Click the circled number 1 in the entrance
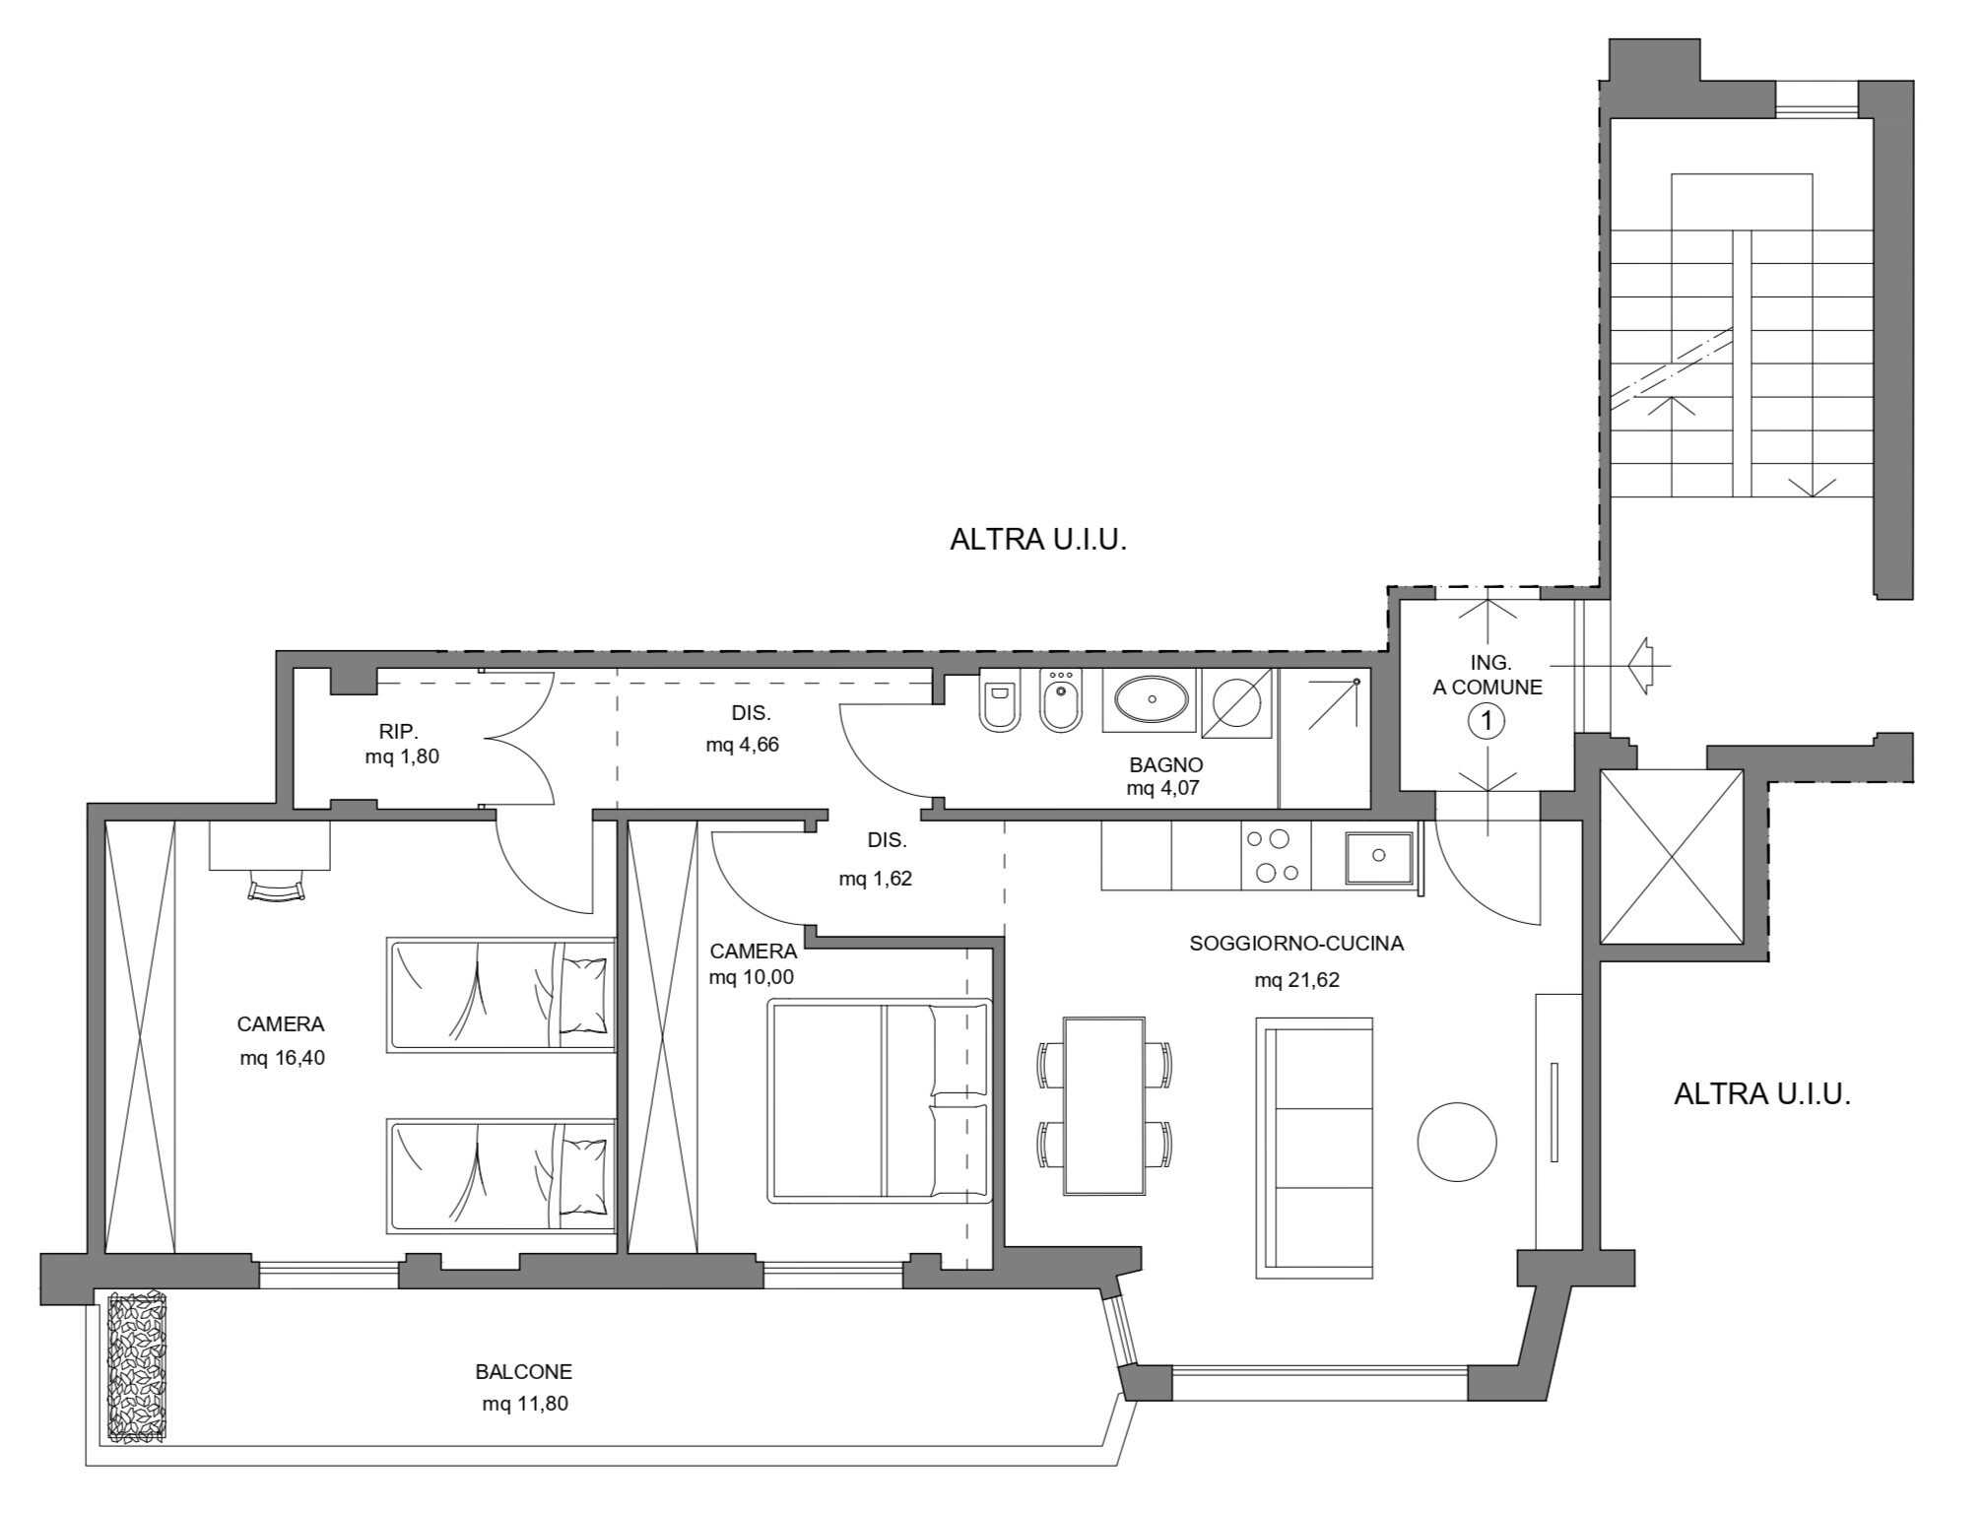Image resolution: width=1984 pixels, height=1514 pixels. (x=1487, y=722)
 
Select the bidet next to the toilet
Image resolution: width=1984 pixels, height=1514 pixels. (x=1061, y=701)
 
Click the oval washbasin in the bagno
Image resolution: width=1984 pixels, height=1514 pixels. (x=1150, y=699)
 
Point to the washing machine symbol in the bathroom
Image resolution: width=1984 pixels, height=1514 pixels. (x=1237, y=701)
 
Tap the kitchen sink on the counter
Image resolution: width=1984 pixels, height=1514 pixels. (x=1379, y=855)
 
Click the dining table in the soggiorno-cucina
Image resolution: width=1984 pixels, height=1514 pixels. (x=1104, y=1106)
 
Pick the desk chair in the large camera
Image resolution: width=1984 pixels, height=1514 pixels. (x=275, y=888)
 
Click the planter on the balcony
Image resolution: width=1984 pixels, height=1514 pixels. (x=137, y=1369)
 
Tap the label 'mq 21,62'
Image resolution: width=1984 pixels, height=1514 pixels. (x=1296, y=980)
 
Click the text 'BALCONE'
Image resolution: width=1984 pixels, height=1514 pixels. (x=523, y=1371)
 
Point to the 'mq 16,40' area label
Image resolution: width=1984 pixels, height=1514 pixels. (x=282, y=1058)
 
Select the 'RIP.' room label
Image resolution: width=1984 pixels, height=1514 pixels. (x=399, y=732)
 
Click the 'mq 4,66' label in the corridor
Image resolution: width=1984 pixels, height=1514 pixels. (x=742, y=745)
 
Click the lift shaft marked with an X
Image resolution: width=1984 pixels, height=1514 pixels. (x=1672, y=856)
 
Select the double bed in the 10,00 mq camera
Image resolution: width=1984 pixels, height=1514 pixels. (x=880, y=1100)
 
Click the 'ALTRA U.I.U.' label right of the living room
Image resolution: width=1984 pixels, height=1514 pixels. (x=1761, y=1094)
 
